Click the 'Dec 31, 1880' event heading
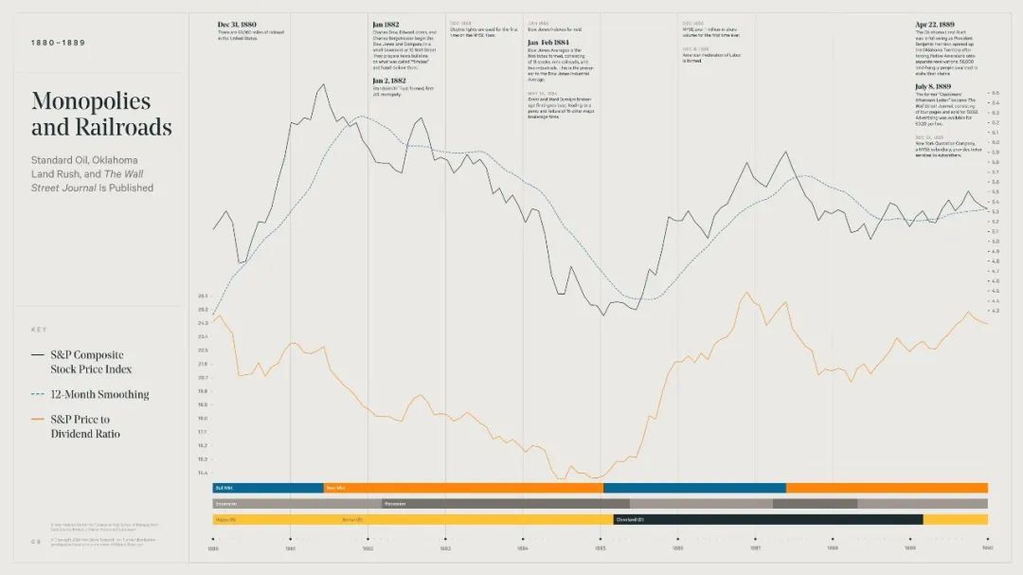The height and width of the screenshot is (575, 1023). tap(237, 25)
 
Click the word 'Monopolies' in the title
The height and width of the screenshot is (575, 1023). tap(91, 101)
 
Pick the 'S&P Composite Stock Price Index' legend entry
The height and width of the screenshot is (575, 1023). tap(91, 362)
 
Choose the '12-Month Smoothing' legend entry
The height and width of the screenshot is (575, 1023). tap(99, 394)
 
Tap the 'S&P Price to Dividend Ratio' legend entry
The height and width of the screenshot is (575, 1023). tap(85, 426)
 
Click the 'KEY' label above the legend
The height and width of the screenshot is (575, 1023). tap(39, 330)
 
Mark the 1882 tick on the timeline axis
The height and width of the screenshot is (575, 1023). tap(368, 539)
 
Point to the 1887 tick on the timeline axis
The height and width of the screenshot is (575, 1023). tap(755, 539)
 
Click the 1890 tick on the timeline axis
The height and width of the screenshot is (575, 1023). tap(987, 539)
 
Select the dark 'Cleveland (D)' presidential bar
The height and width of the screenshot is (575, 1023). tap(767, 519)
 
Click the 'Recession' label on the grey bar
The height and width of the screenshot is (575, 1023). tap(396, 504)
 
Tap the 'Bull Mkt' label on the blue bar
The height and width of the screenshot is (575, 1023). tap(224, 488)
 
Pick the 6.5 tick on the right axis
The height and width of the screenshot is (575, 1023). tap(995, 93)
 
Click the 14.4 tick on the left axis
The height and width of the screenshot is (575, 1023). tap(202, 473)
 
